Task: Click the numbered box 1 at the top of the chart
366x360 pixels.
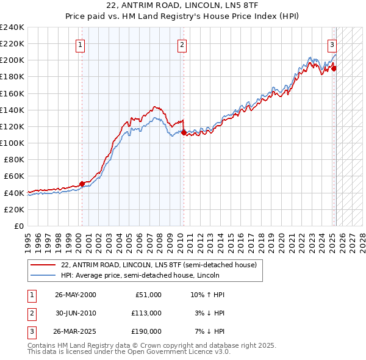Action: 81,44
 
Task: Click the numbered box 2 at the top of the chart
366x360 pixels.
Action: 182,44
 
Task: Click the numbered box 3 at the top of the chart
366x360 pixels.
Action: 332,44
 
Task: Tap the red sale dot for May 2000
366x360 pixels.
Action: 82,183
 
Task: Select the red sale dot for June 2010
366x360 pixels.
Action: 184,132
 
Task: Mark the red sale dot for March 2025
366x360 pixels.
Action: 334,68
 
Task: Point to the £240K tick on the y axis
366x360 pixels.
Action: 12,27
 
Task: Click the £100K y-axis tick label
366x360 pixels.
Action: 12,143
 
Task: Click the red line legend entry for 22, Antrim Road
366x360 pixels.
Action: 159,265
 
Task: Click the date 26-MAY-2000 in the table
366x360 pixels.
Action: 75,295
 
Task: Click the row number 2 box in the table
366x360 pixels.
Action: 30,313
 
